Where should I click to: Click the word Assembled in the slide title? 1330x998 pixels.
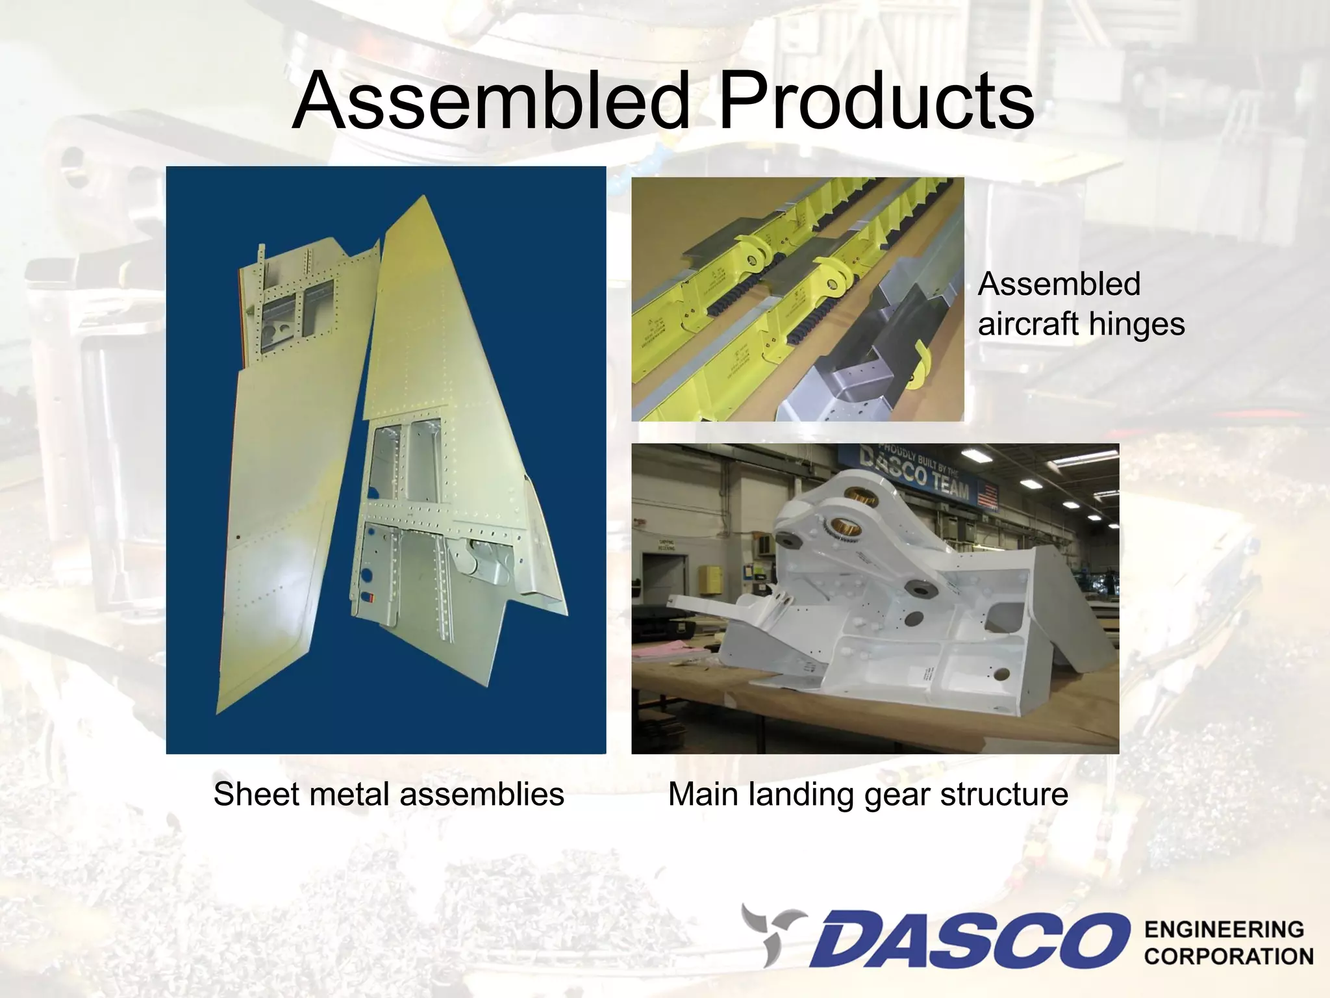[490, 101]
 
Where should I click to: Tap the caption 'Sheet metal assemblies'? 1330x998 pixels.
[388, 794]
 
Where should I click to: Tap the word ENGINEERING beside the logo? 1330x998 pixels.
[1223, 930]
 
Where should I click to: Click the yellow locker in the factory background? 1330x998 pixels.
[713, 578]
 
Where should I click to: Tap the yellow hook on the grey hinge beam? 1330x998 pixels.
[919, 364]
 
